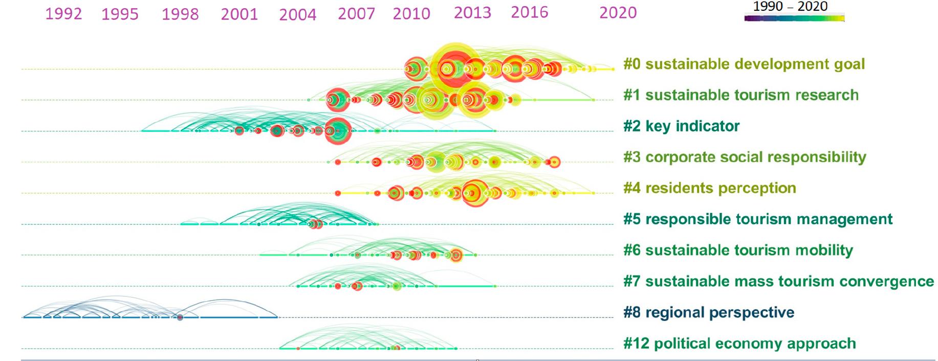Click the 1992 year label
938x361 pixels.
(63, 14)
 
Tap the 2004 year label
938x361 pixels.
(297, 14)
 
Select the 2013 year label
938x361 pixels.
(472, 13)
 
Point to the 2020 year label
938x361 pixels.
(618, 13)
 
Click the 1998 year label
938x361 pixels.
(180, 14)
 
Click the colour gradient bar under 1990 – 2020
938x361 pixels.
(794, 18)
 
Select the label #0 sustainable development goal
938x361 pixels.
(744, 64)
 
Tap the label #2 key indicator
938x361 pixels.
(681, 126)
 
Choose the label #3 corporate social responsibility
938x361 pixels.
(745, 157)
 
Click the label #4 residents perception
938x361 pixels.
(709, 188)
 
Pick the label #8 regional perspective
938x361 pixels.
(708, 312)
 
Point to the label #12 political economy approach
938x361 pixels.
(739, 344)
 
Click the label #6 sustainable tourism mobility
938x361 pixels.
(738, 251)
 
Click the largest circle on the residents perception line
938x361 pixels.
(475, 193)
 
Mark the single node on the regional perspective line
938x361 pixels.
(180, 318)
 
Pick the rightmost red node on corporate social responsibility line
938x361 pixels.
(554, 162)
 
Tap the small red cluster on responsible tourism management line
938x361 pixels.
(315, 224)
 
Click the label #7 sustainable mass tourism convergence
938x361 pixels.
(778, 282)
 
